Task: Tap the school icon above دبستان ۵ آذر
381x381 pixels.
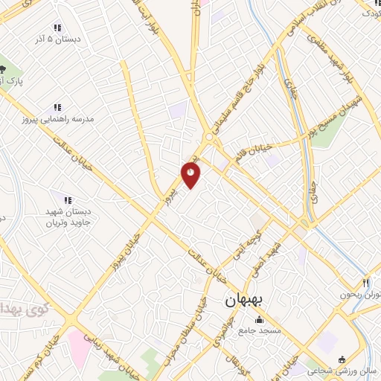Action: (x=57, y=28)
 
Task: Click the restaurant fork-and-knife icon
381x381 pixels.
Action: (x=365, y=283)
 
